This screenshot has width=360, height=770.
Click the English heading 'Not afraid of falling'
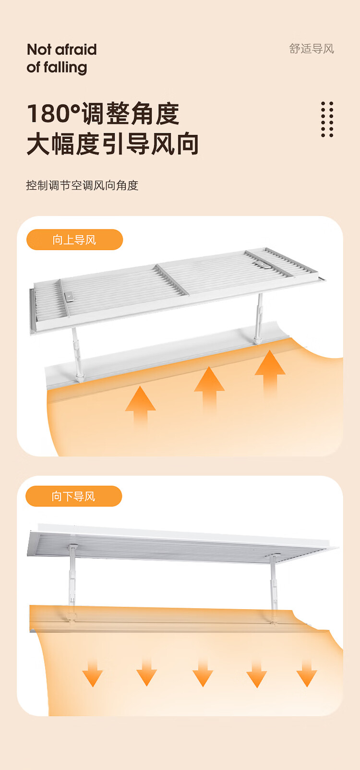61,59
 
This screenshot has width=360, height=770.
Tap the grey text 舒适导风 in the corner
312,49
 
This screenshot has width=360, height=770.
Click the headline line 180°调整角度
103,113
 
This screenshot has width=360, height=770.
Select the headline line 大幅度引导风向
113,144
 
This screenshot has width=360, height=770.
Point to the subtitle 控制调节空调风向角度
82,185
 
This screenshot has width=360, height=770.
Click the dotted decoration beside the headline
327,119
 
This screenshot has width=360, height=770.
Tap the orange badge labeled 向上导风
74,240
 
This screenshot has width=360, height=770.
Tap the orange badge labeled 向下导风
74,496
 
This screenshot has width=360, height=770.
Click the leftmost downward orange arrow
93,673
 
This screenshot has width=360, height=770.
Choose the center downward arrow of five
203,673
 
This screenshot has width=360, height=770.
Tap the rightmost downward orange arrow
307,673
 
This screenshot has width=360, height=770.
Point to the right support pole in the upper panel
259,318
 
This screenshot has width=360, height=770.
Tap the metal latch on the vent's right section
262,265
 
